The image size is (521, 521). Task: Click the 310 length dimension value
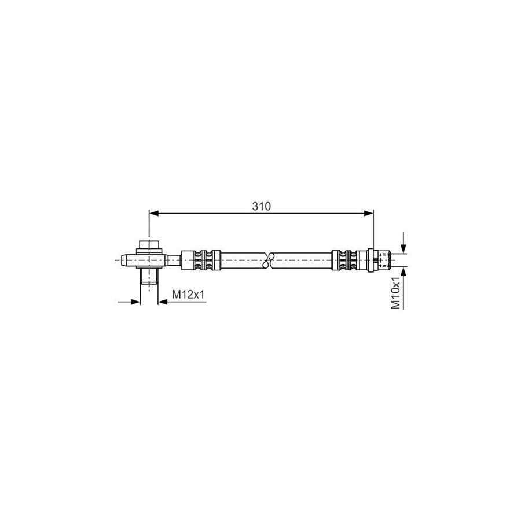(262, 206)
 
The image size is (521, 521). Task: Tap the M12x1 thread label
(188, 294)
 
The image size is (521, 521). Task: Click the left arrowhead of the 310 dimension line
(153, 213)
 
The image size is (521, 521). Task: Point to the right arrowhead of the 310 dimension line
(369, 213)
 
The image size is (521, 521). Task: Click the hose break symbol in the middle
(269, 260)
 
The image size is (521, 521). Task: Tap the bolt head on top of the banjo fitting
(149, 245)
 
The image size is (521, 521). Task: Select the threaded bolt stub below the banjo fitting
(149, 276)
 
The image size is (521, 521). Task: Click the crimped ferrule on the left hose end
(201, 260)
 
